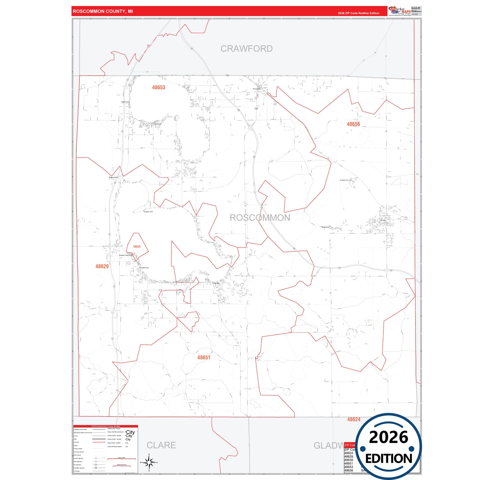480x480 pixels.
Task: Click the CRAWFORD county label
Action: [246, 49]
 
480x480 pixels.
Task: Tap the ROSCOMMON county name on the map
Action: [260, 218]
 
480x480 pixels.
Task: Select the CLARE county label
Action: [161, 445]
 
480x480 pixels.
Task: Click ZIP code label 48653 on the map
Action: [158, 87]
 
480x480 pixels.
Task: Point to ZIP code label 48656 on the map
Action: [353, 124]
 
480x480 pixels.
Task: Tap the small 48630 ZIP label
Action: [137, 247]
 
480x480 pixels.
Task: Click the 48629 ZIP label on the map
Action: [102, 266]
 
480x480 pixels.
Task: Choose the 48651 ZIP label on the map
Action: [204, 358]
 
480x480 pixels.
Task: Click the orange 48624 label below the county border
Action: [353, 420]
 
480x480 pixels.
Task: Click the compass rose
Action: [149, 462]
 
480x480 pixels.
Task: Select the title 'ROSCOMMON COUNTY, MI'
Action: [103, 11]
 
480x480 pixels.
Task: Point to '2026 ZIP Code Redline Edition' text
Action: [358, 13]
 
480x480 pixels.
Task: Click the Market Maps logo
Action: [399, 11]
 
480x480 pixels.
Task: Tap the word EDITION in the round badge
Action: [389, 459]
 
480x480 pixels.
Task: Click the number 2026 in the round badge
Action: [388, 437]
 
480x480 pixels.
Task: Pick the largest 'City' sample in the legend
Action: [130, 432]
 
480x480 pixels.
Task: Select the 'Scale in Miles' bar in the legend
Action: [121, 459]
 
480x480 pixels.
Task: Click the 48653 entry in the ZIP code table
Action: [348, 467]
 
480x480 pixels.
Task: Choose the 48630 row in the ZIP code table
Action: [348, 460]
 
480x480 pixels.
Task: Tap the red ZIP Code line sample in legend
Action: [99, 442]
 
